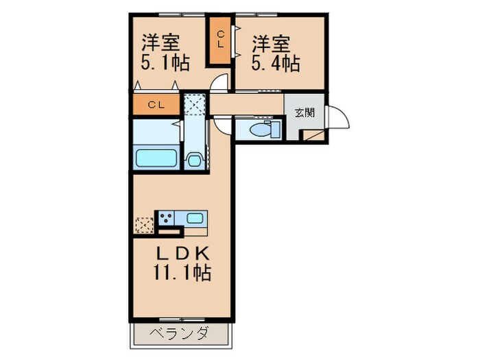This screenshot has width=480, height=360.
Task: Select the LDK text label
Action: (180, 253)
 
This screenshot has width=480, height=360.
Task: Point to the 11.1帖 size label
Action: (181, 274)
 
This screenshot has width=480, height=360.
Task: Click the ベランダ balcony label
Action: (180, 334)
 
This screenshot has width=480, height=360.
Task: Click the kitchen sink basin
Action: (194, 219)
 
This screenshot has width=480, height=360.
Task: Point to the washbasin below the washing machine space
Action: (194, 161)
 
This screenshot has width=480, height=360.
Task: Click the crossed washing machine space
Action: (195, 106)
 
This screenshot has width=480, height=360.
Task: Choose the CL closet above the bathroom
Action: (156, 105)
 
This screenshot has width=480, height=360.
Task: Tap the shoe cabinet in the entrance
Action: (315, 134)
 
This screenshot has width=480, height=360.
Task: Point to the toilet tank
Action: (276, 129)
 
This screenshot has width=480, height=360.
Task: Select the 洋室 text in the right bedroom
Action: (270, 43)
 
